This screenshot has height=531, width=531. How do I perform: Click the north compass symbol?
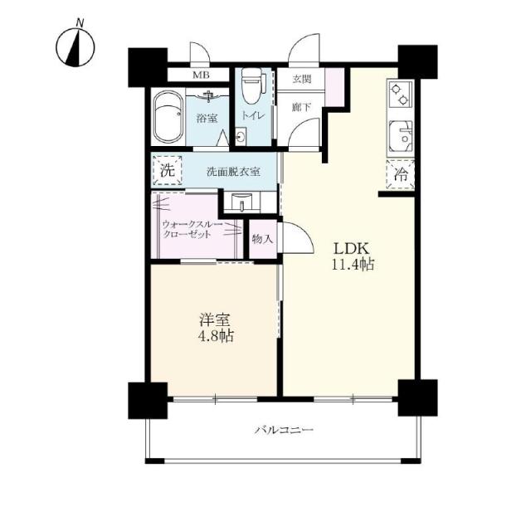[76, 46]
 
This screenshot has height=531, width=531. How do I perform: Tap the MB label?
[201, 75]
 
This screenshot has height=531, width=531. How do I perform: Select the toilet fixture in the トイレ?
[250, 85]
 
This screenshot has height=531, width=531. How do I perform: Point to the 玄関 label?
[302, 80]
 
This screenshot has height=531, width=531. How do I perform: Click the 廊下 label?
[302, 107]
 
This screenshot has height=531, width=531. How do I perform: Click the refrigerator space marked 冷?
[401, 174]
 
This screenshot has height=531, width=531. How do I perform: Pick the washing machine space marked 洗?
[168, 170]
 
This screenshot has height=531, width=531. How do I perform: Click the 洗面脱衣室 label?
[234, 172]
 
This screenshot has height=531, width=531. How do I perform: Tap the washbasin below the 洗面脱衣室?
[241, 202]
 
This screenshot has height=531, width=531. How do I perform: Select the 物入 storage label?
[262, 240]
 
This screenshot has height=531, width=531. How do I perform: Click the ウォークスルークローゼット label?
[192, 229]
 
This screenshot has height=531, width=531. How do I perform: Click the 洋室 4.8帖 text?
[216, 328]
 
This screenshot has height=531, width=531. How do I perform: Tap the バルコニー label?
[284, 430]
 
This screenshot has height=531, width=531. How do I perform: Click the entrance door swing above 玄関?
[304, 47]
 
